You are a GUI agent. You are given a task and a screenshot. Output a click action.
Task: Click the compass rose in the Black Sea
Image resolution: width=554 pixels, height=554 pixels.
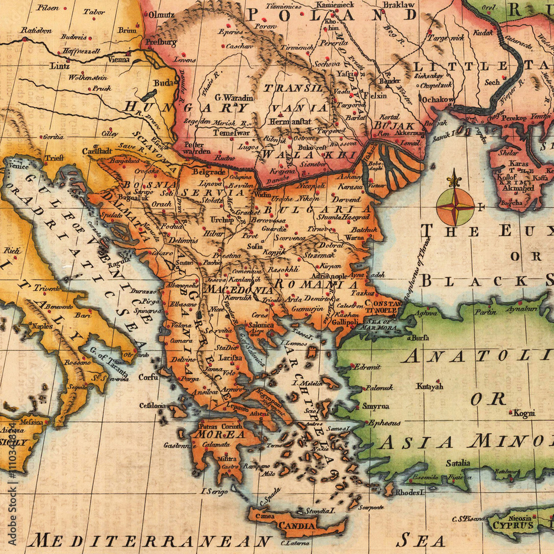(x=455, y=206)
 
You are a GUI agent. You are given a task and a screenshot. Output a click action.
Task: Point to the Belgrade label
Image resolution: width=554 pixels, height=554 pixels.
(x=209, y=172)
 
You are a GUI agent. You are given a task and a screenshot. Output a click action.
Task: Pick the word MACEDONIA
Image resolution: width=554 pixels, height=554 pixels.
(x=238, y=290)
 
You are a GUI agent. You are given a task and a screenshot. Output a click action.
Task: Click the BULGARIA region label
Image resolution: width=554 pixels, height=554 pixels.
(x=317, y=209)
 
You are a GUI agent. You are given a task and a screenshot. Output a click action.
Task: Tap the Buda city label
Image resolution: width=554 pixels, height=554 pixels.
(x=163, y=83)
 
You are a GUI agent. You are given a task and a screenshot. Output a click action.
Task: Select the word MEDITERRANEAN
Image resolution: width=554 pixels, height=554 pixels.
(x=150, y=540)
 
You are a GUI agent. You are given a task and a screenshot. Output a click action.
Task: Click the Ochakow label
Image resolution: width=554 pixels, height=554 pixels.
(x=438, y=100)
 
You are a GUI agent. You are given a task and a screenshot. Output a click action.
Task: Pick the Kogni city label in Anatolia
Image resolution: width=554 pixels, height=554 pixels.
(x=524, y=413)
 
